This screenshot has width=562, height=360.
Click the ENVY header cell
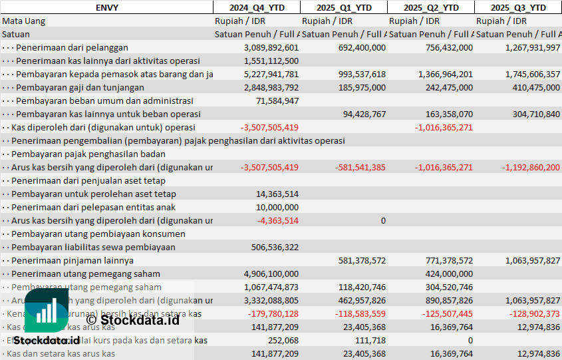pos(106,7)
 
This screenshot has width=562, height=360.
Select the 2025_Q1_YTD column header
pos(343,7)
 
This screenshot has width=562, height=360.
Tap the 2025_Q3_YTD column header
pos(518,7)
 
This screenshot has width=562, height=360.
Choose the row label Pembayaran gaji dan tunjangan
pos(80,87)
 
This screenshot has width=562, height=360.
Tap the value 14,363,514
pos(277,194)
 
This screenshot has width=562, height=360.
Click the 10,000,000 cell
pos(277,207)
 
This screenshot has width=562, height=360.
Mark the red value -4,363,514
pos(277,220)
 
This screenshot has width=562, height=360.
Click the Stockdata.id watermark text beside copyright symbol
pos(140,319)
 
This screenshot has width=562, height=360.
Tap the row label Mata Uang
pos(24,21)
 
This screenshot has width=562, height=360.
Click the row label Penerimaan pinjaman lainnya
pos(72,260)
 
